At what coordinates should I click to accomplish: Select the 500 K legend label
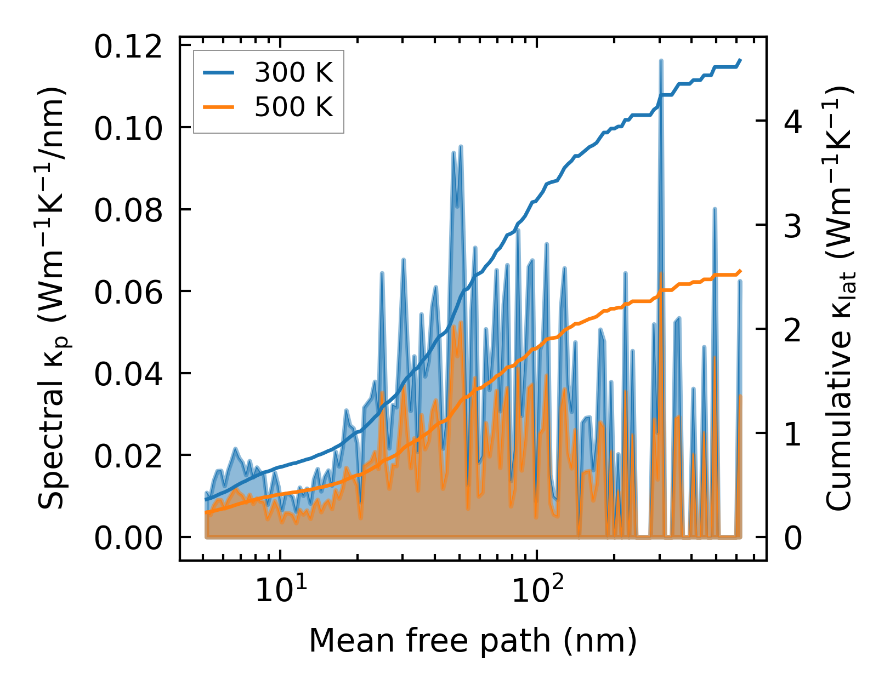click(x=293, y=106)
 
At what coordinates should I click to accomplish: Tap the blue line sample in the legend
click(x=219, y=72)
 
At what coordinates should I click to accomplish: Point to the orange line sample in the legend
click(x=219, y=107)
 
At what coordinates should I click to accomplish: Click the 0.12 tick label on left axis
click(x=128, y=46)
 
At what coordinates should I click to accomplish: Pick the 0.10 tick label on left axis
click(x=128, y=128)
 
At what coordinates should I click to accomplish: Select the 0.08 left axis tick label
click(x=128, y=210)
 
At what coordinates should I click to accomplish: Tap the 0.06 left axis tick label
click(x=128, y=292)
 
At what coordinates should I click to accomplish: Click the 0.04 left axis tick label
click(x=128, y=374)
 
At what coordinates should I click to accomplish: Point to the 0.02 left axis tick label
click(x=128, y=456)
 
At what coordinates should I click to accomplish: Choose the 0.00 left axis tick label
click(x=128, y=538)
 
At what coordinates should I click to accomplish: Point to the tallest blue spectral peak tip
click(x=661, y=61)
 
